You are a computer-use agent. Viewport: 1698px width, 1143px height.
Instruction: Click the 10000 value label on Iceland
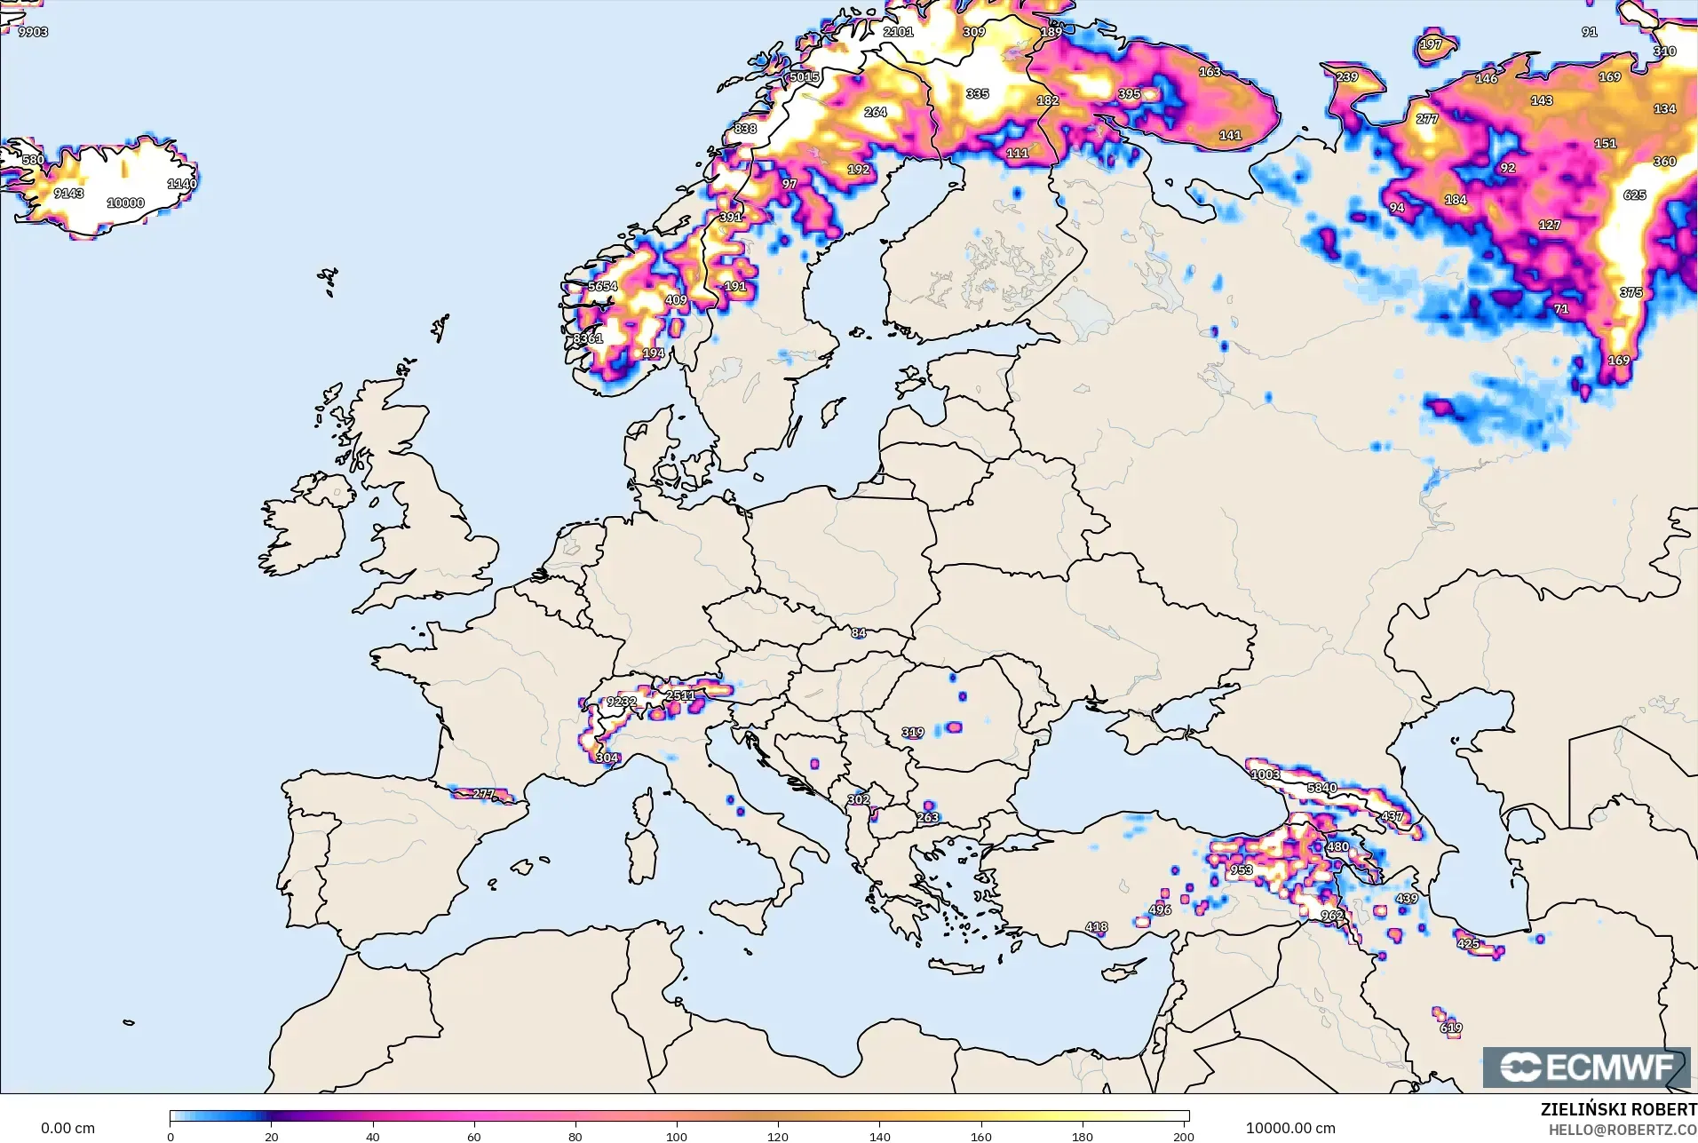tap(125, 203)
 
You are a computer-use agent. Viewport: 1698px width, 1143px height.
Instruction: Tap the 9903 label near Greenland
tap(33, 32)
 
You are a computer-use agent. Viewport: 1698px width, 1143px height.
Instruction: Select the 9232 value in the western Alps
tap(621, 702)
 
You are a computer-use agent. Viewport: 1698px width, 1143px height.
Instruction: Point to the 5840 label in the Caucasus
tap(1321, 788)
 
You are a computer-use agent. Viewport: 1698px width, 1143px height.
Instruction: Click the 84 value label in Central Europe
tap(858, 633)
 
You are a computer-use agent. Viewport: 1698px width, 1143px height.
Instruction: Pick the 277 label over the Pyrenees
tap(483, 794)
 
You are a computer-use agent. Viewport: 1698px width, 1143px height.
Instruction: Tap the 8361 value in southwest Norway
tap(587, 338)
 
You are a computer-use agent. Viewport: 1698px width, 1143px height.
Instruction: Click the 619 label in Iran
tap(1451, 1028)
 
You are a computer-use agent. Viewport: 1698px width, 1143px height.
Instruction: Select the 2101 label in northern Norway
tap(898, 32)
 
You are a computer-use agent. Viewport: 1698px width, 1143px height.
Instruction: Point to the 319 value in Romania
tap(913, 733)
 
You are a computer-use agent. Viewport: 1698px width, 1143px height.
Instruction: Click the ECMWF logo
tap(1586, 1067)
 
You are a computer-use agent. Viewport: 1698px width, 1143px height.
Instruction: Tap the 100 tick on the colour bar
tap(677, 1136)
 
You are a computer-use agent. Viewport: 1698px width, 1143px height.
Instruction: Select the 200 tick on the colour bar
tap(1183, 1136)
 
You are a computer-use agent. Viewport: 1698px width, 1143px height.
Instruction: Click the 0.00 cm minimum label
tap(67, 1128)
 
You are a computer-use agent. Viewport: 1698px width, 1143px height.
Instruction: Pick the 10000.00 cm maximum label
tap(1289, 1128)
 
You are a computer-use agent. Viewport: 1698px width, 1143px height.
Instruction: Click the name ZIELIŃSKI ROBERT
tap(1618, 1109)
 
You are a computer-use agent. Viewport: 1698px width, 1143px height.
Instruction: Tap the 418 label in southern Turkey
tap(1096, 927)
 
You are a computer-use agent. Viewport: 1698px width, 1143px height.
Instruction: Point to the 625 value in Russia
tap(1634, 195)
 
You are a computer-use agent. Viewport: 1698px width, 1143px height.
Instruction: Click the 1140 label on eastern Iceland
tap(182, 184)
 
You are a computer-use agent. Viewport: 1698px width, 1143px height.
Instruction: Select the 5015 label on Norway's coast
tap(805, 77)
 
